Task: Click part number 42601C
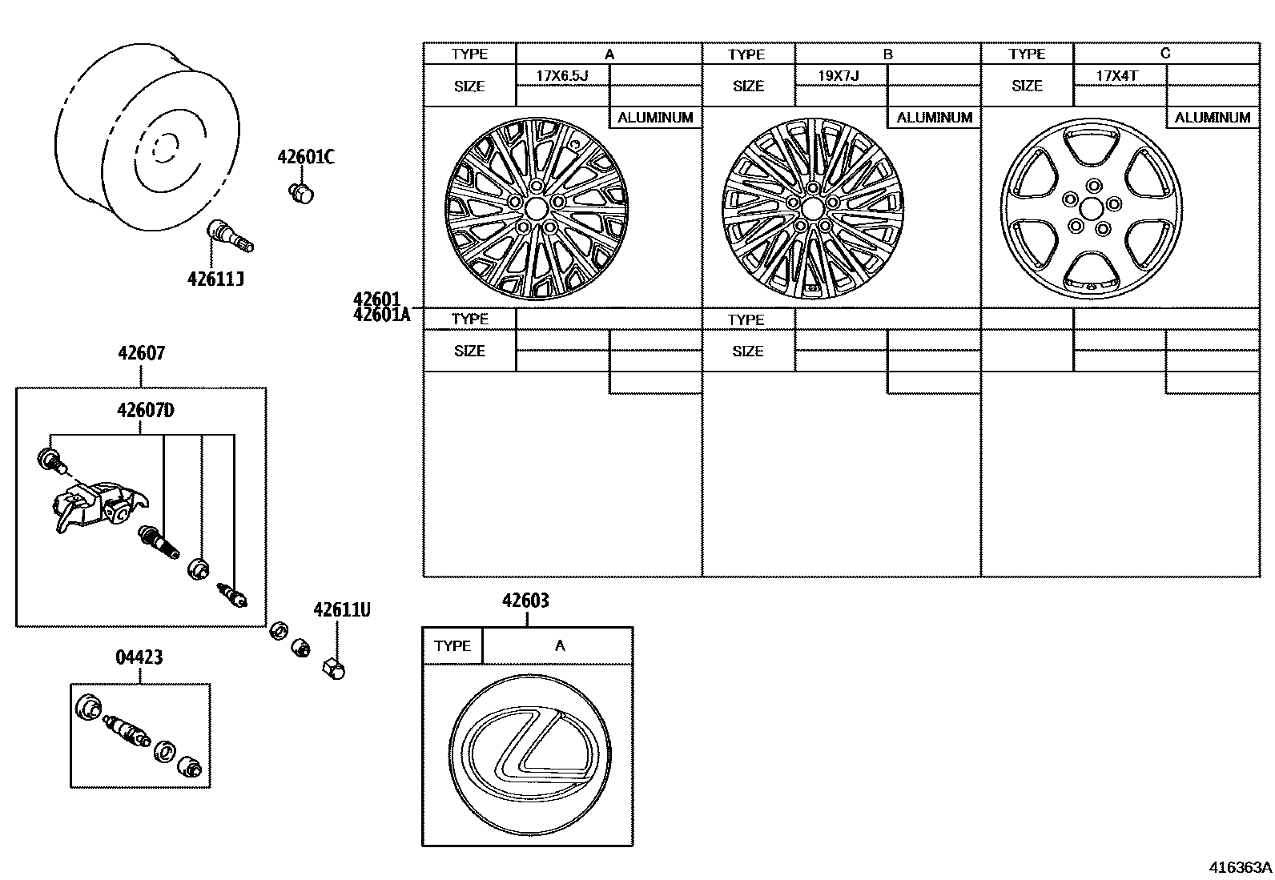coord(306,156)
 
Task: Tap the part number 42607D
coord(145,410)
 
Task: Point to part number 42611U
coord(341,609)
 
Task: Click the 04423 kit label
coord(139,657)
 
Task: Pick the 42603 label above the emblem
coord(525,600)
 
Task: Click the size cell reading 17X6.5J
coord(562,76)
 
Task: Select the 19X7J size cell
coord(839,76)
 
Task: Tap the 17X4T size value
coord(1117,76)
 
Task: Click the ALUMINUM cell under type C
coord(1212,117)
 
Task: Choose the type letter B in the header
coord(887,54)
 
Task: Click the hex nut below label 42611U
coord(333,667)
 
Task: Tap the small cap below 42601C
coord(301,192)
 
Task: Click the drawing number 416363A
coord(1240,867)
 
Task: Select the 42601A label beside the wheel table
coord(381,315)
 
